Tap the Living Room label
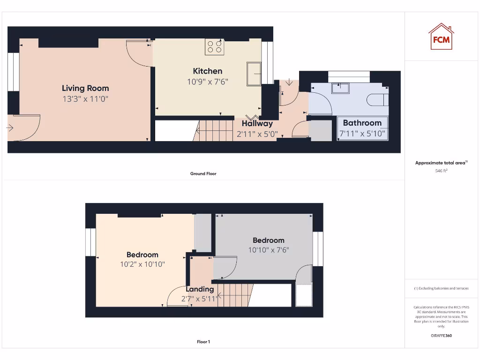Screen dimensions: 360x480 85,88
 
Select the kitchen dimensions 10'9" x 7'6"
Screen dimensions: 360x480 208,82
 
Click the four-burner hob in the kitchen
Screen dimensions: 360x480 215,46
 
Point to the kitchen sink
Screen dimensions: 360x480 255,74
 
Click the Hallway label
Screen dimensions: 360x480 257,124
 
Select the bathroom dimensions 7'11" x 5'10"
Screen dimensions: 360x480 363,134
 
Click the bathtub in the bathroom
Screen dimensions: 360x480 363,128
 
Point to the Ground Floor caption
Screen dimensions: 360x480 203,173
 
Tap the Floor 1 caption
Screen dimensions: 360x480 203,342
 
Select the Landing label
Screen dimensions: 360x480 200,289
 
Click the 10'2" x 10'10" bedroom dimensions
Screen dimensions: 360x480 142,264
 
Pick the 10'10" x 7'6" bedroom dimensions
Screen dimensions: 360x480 269,250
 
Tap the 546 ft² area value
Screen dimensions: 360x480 441,171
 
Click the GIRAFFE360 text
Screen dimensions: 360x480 441,336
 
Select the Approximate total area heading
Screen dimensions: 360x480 441,163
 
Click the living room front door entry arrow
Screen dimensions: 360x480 10,127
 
